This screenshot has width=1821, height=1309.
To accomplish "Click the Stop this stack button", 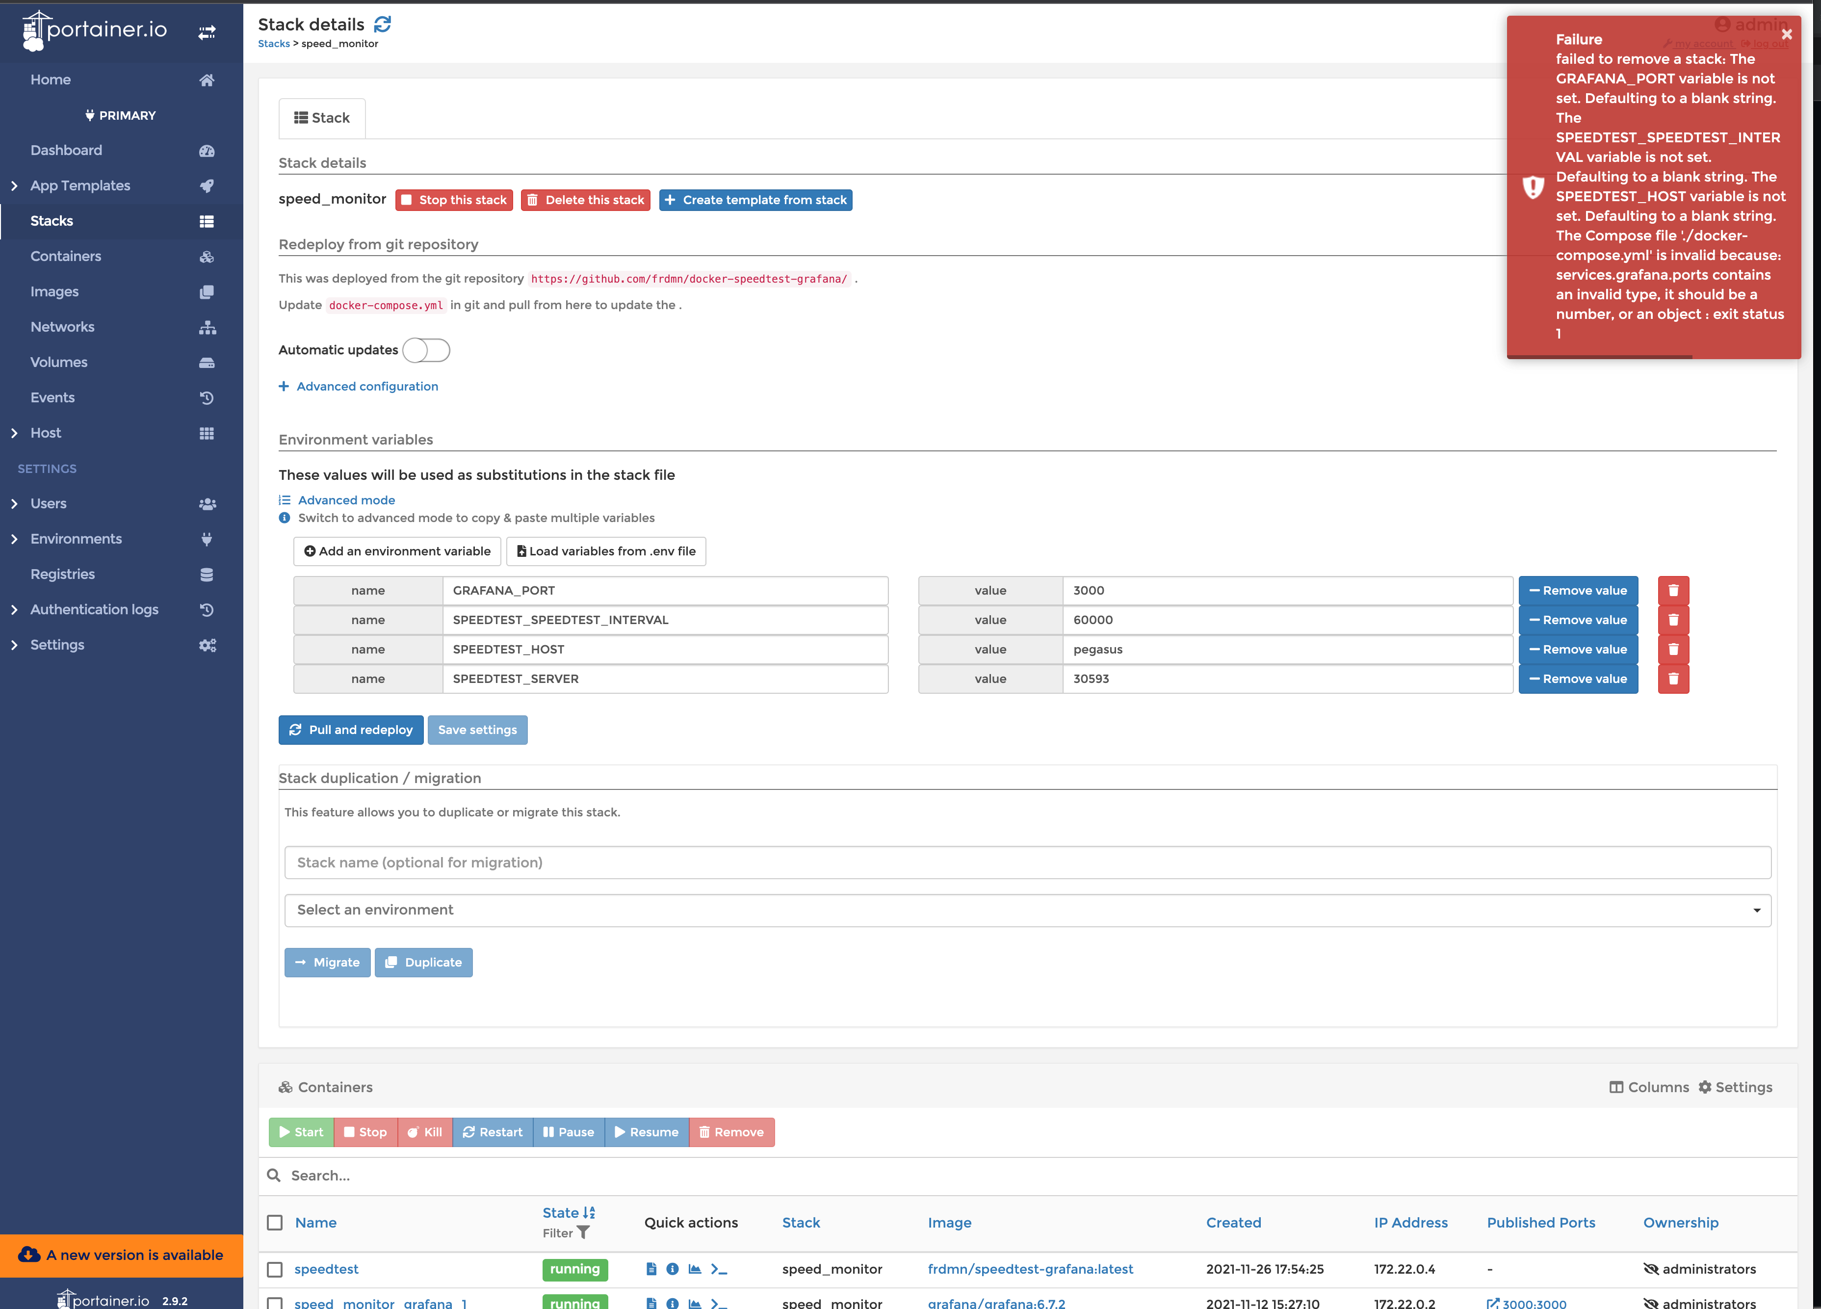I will click(x=454, y=200).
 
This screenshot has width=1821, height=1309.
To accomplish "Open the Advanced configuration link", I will click(x=367, y=386).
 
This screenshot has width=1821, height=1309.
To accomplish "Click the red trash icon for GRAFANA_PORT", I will click(x=1673, y=590).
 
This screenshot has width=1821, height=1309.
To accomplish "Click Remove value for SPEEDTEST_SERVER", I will click(x=1578, y=679).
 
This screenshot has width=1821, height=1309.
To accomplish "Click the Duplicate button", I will click(x=423, y=962).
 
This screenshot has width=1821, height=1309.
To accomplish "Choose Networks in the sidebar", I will click(x=63, y=327).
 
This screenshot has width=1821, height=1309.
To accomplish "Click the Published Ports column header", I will click(x=1540, y=1222).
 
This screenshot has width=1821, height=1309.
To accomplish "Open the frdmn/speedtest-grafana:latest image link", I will click(x=1030, y=1269).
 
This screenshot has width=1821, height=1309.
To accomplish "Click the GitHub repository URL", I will click(x=689, y=279).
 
